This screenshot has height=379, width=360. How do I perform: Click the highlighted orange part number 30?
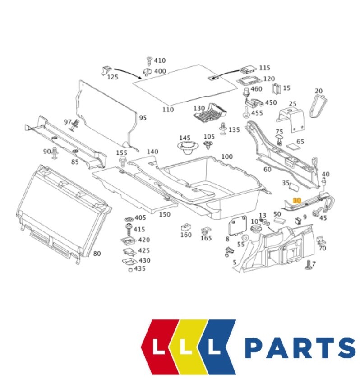pos(296,200)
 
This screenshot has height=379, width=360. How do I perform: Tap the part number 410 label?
pos(160,60)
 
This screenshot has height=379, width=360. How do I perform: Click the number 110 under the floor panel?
pos(167,110)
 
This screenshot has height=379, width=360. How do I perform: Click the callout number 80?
pos(97,254)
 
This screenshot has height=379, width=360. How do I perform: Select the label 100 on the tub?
pos(227,157)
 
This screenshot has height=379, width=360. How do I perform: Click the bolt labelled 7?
pos(309,266)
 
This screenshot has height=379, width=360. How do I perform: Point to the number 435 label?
pos(140,268)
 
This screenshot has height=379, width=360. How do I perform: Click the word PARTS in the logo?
pos(300,348)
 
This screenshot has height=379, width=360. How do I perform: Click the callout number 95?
pos(143,118)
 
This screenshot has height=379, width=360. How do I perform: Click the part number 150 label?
pos(165,214)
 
